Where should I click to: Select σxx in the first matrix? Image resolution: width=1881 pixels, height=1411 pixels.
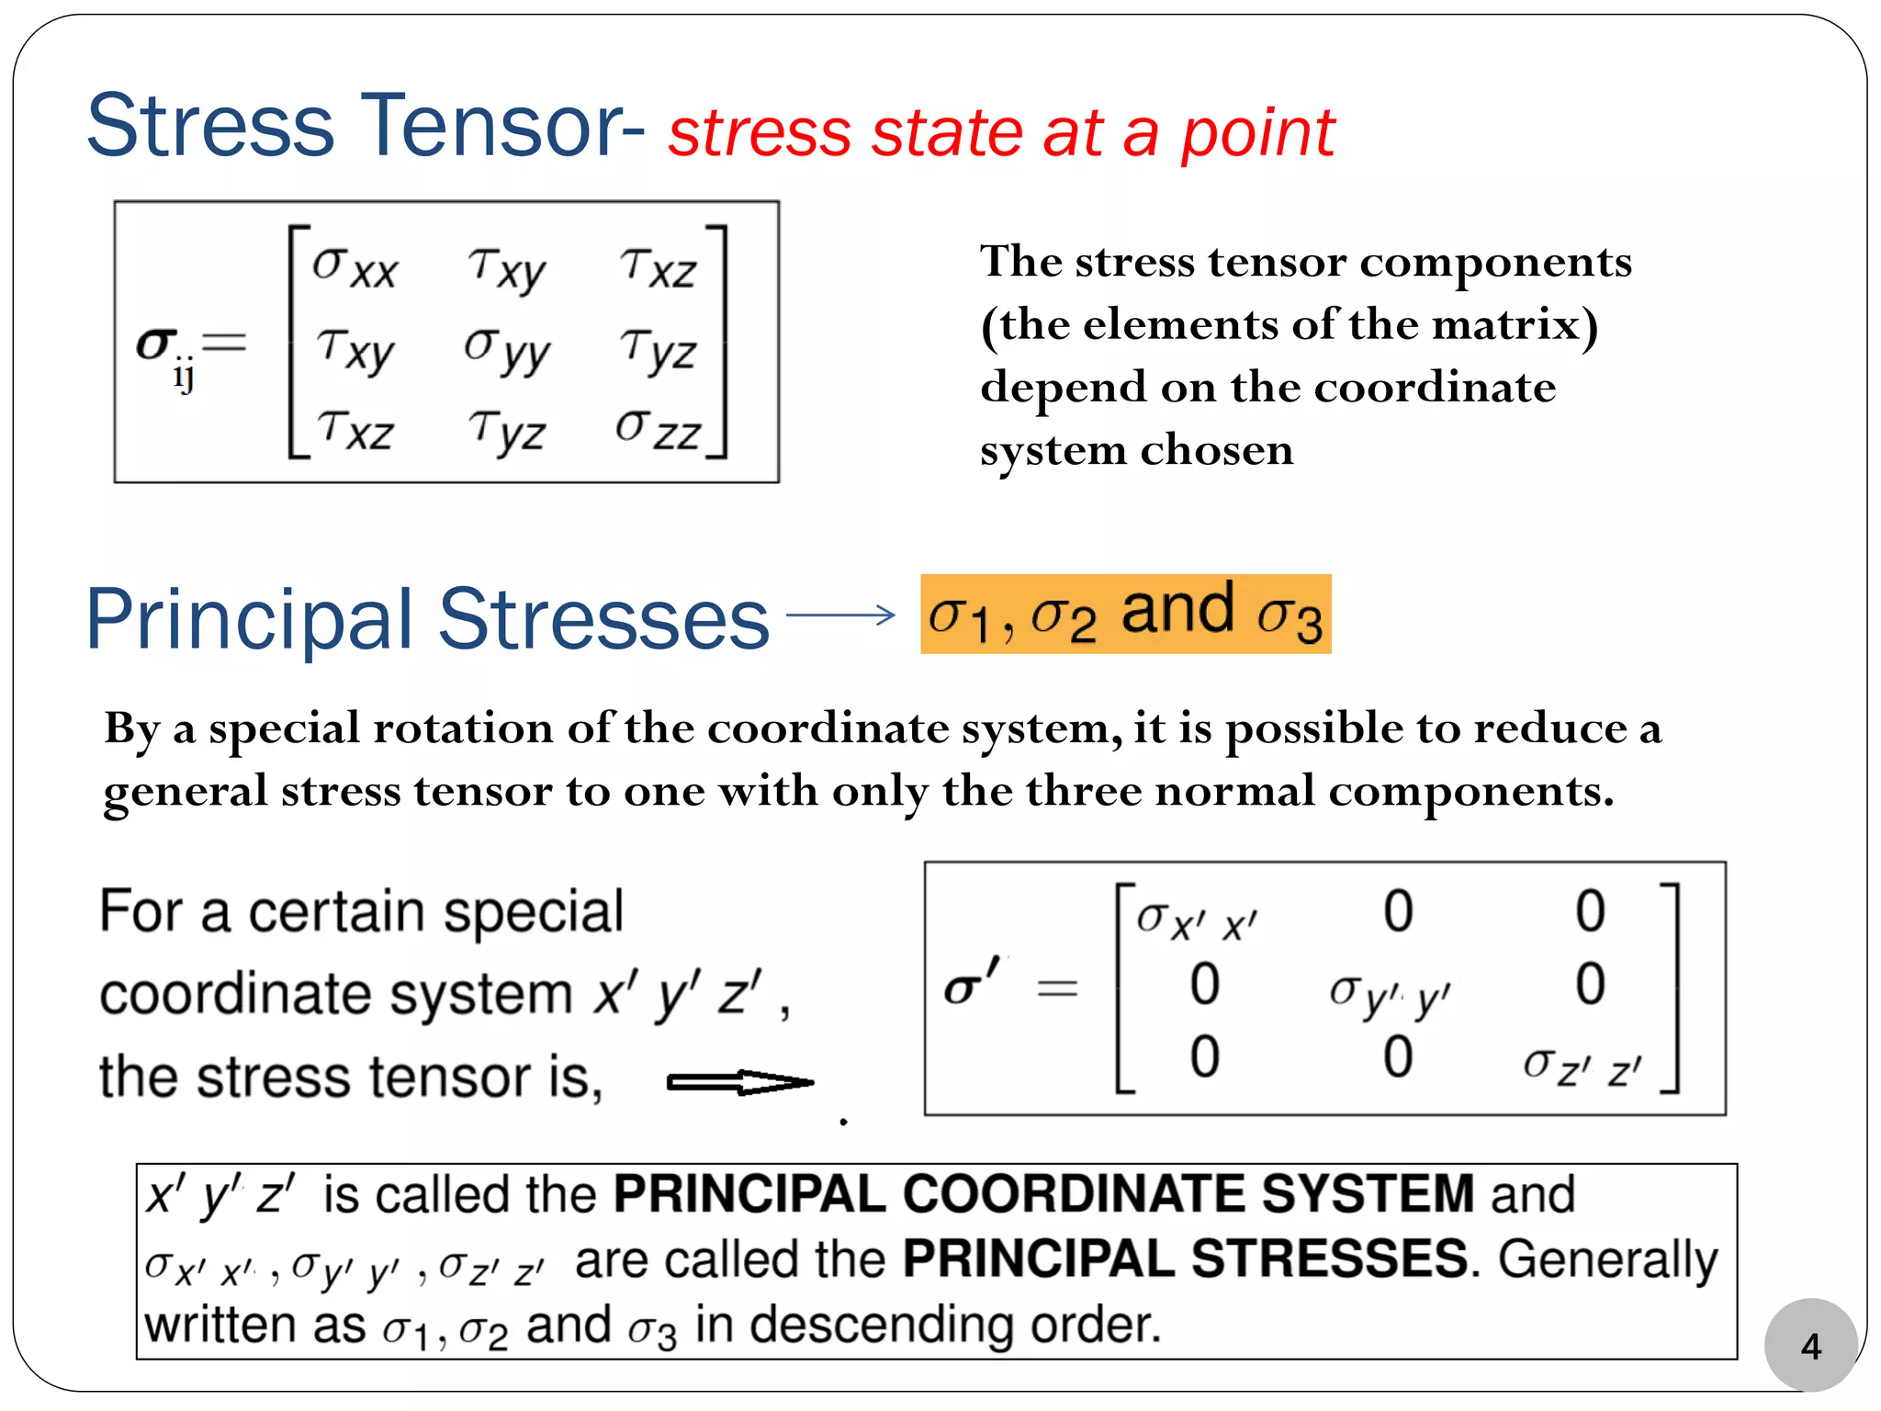pos(355,266)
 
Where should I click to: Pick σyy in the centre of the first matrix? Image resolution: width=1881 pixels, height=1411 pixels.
pos(507,349)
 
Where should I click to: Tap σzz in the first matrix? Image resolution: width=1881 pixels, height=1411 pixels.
pos(658,428)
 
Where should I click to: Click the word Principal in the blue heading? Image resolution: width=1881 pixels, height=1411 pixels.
pos(250,620)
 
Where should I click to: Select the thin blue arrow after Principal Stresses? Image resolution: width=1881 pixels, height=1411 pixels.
pos(840,615)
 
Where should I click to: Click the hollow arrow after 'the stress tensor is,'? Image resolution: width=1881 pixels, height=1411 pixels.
pos(739,1083)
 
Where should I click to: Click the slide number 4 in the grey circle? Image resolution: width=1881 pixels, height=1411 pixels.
pos(1810,1347)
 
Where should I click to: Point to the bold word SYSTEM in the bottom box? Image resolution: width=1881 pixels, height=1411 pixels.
pos(1367,1194)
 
